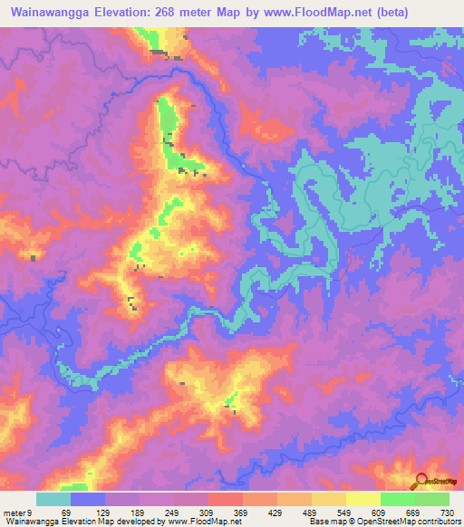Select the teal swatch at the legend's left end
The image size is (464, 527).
point(53,499)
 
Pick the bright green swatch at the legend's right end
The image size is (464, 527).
point(432,499)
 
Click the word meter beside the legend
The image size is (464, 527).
point(14,512)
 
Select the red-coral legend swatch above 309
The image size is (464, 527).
point(226,499)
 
